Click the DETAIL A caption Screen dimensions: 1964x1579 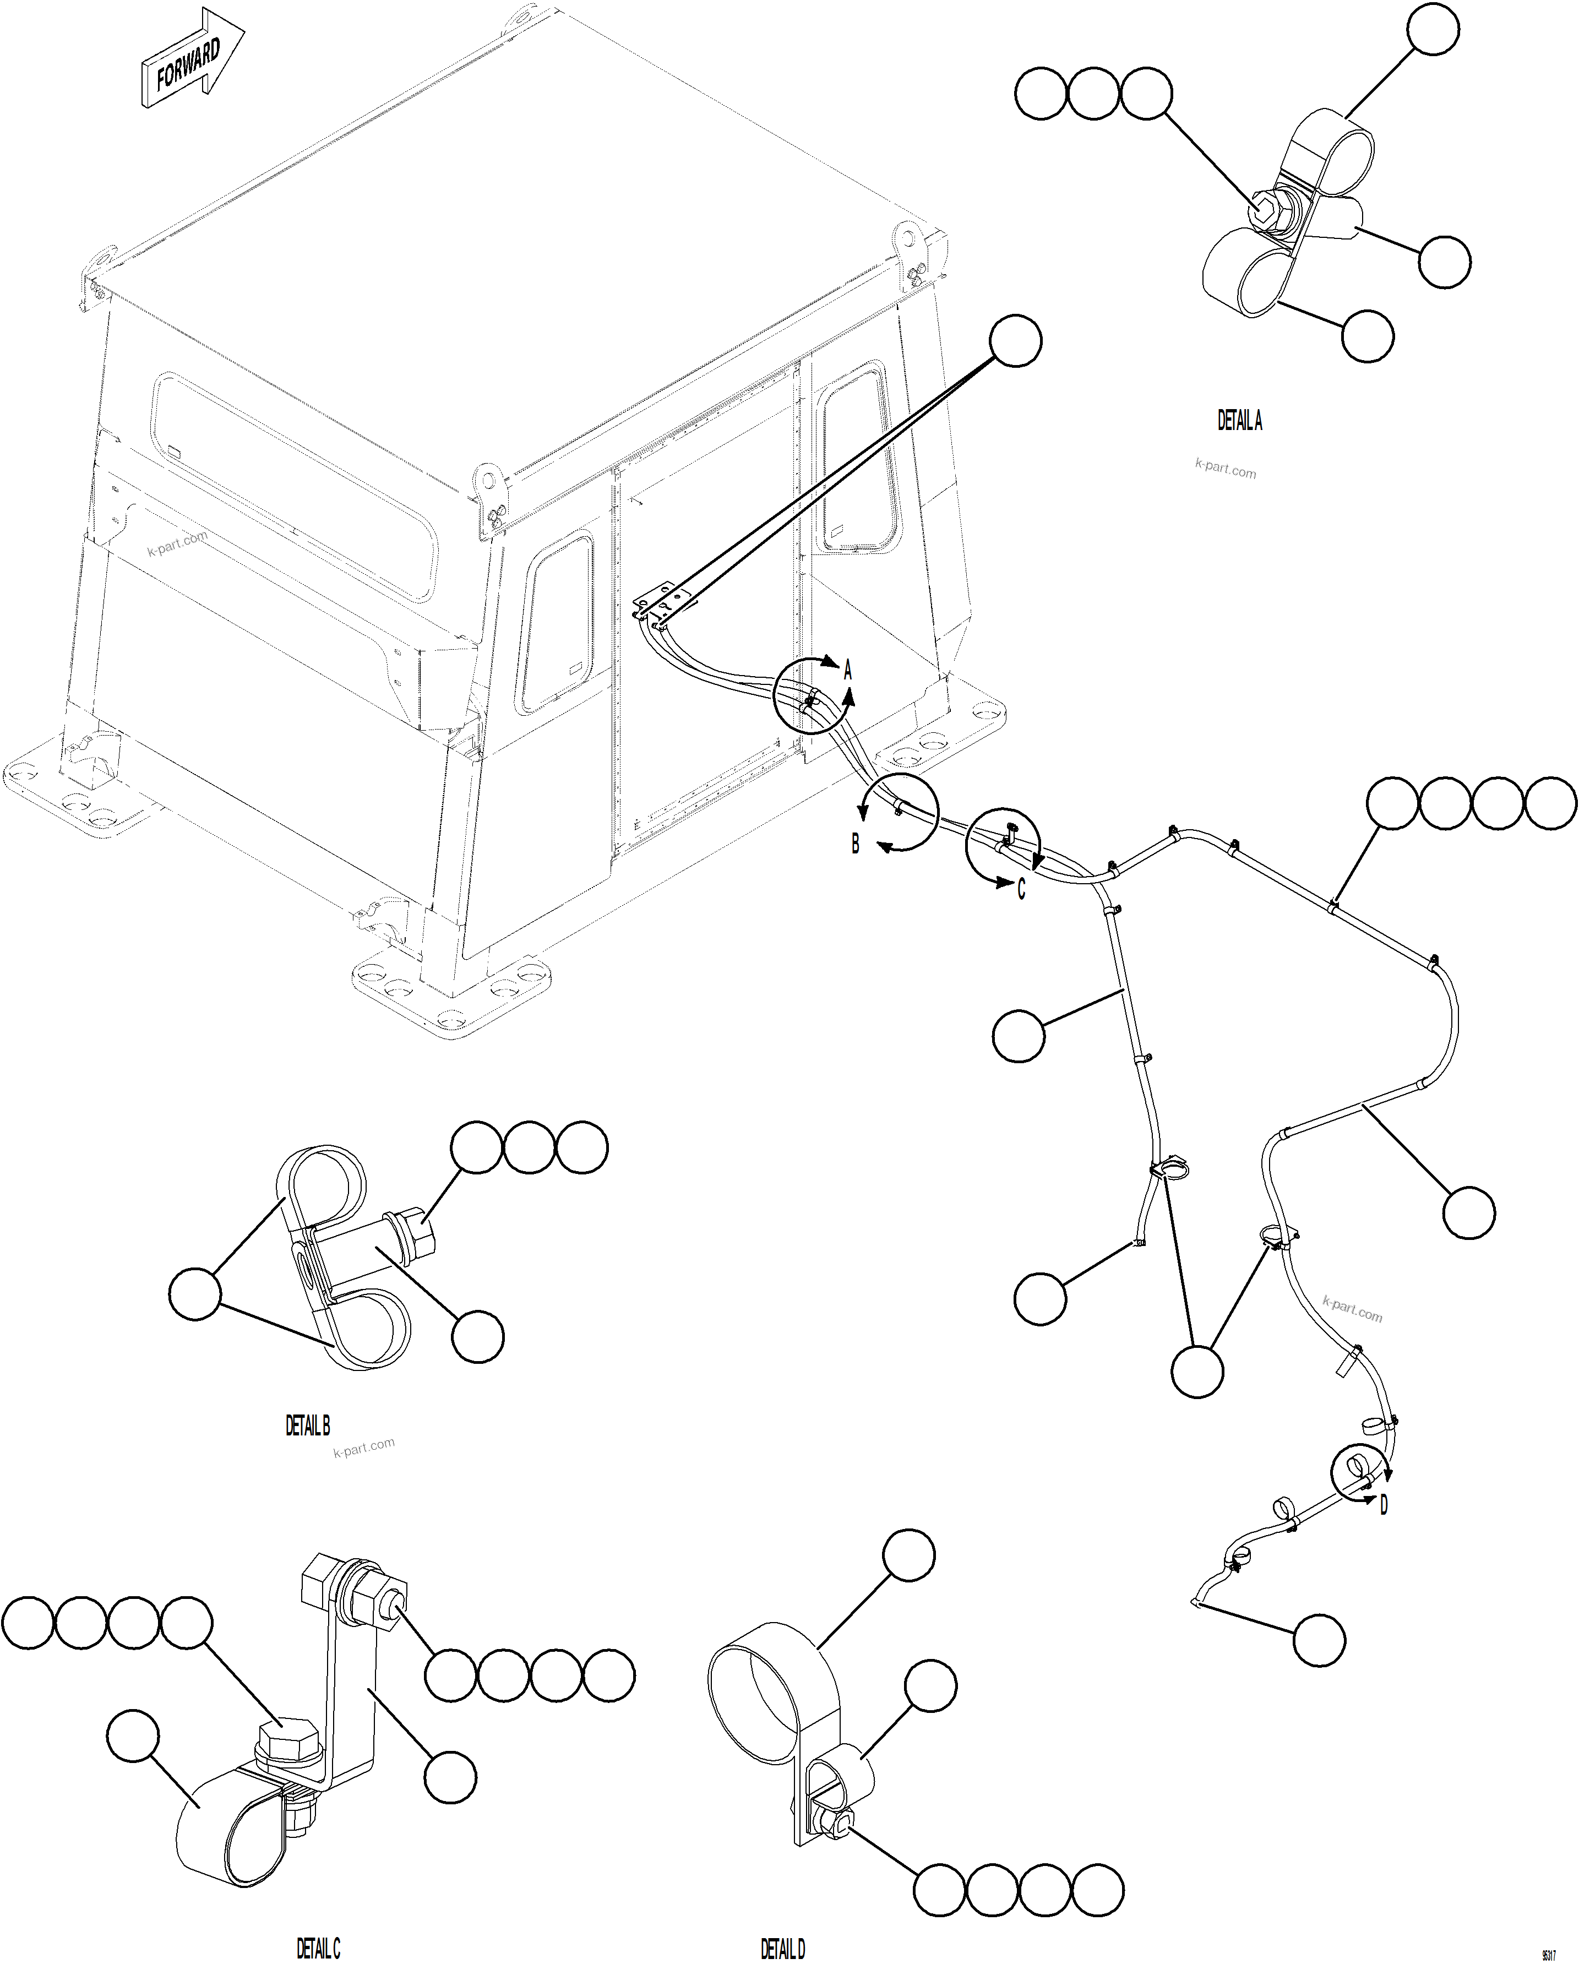[1239, 420]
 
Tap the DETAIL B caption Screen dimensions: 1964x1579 [308, 1425]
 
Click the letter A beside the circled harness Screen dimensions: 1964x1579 [848, 671]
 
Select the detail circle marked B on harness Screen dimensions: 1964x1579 [899, 810]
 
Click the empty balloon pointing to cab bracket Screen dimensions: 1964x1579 [1015, 341]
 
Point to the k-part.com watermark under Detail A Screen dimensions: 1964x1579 [1225, 469]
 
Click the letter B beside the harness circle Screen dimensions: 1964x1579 [855, 844]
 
